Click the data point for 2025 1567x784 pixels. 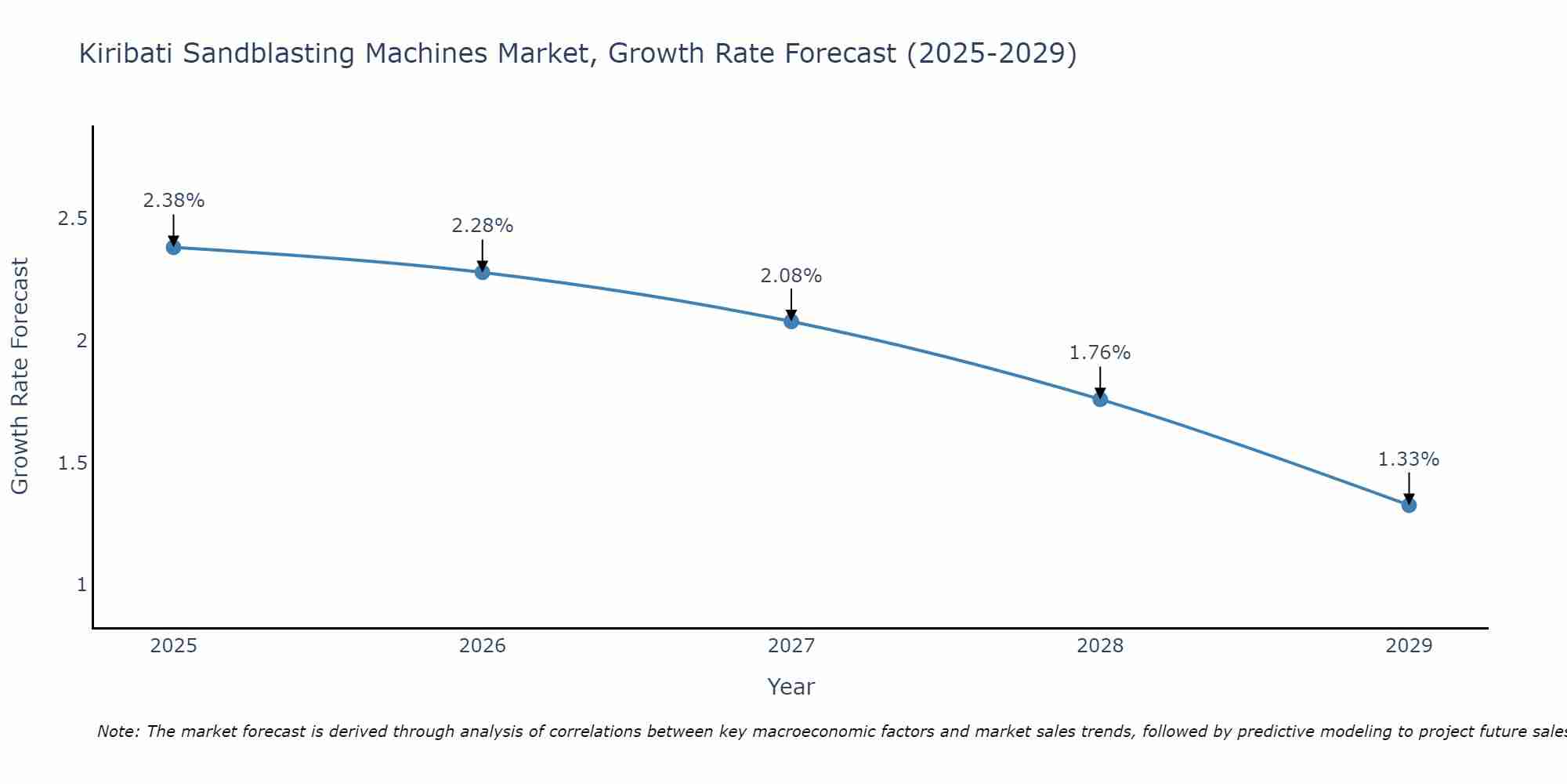point(173,248)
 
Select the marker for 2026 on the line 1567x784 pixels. point(483,272)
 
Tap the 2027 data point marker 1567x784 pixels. point(791,321)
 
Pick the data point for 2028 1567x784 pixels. point(1100,399)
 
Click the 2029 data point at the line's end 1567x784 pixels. point(1409,505)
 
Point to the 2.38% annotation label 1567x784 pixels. point(173,201)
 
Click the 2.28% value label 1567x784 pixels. point(483,226)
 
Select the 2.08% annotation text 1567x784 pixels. point(791,276)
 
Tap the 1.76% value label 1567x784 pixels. point(1100,353)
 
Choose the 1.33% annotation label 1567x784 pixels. point(1409,459)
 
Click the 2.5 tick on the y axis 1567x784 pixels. point(72,219)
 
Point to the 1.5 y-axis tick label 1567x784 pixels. point(72,463)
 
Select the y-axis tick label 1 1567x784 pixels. point(81,585)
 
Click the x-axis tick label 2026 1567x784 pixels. point(483,646)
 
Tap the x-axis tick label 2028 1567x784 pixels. point(1100,646)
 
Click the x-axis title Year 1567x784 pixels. point(791,687)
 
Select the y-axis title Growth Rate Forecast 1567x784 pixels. point(20,376)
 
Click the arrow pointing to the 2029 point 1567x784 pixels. point(1409,488)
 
